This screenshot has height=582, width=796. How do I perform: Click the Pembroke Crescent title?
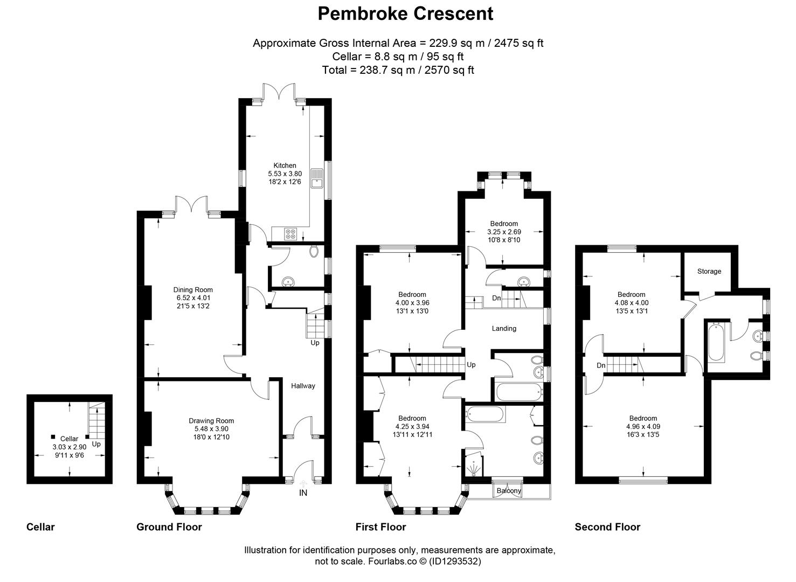coord(405,13)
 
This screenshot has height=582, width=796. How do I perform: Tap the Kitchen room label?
coord(285,165)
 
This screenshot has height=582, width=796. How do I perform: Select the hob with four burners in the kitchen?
coord(290,234)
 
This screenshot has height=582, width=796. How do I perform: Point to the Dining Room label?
coord(192,289)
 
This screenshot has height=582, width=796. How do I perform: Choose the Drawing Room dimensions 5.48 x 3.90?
coord(211,429)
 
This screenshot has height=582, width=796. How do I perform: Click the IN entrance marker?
coord(303,493)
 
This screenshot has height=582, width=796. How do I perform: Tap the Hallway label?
coord(303,386)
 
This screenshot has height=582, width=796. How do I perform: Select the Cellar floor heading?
coord(40,527)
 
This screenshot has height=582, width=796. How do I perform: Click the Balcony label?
coord(509,491)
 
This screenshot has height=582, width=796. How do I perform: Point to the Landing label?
coord(504,328)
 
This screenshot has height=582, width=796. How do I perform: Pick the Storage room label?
coord(709,271)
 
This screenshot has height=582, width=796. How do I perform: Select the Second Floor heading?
coord(607,527)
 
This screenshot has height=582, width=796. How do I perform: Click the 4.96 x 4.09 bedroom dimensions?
coord(643,427)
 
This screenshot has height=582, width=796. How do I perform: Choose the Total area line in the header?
coord(398,70)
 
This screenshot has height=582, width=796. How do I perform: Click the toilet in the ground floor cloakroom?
coord(314,252)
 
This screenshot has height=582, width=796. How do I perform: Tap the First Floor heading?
coord(380,527)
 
